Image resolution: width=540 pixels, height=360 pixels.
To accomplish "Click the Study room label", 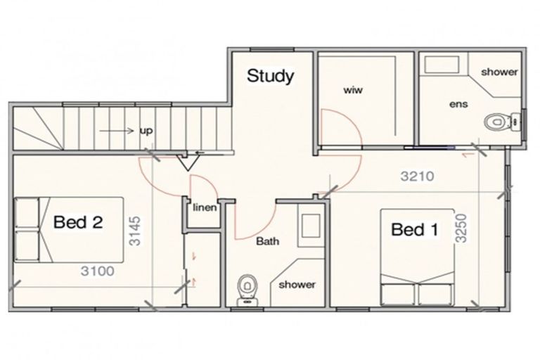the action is [x=270, y=76].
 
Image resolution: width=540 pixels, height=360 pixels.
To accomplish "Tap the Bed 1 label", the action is [x=415, y=229].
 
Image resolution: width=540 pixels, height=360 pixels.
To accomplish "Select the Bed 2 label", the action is [x=78, y=222].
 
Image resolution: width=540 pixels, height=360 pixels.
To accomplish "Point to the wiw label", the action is [x=353, y=90].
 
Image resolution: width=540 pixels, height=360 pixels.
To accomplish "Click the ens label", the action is [x=458, y=104].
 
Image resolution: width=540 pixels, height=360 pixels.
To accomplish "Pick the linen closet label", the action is [x=205, y=207].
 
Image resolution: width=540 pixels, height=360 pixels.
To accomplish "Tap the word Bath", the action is [x=268, y=241].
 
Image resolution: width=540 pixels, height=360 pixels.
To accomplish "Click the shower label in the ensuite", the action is [x=499, y=72].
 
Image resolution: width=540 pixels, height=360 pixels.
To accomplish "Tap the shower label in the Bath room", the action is [x=297, y=285].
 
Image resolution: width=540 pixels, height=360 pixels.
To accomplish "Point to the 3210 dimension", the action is [x=418, y=176].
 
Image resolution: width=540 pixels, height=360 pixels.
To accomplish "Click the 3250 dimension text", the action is [x=461, y=228].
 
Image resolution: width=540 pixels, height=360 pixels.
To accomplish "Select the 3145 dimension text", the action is [x=135, y=231].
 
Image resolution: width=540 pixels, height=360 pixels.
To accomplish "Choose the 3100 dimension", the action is [x=98, y=271].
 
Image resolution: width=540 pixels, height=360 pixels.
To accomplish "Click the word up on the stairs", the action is [x=146, y=131].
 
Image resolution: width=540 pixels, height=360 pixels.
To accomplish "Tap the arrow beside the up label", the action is [x=117, y=131].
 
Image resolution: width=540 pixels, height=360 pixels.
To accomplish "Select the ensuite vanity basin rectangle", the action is [x=442, y=65].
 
